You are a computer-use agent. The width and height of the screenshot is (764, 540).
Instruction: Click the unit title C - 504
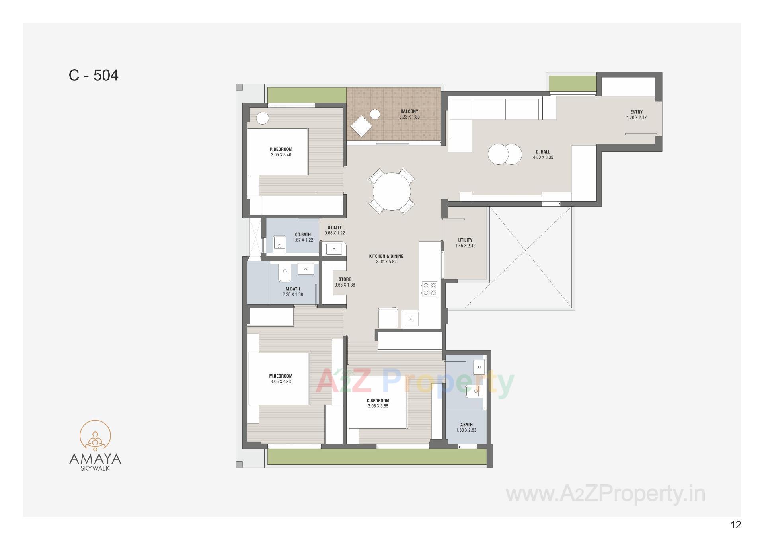point(94,75)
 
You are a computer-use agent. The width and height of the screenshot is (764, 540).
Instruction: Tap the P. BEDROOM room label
point(281,149)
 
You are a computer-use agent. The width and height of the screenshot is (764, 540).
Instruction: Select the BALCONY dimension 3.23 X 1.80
point(409,117)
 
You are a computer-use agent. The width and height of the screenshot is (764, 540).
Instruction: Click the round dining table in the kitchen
point(392,191)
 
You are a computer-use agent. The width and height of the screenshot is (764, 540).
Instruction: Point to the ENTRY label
point(636,112)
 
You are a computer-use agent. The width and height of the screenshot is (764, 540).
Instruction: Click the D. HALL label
point(543,152)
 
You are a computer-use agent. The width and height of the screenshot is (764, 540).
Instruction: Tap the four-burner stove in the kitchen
point(429,289)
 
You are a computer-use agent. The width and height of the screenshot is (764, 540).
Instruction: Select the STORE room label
point(345,279)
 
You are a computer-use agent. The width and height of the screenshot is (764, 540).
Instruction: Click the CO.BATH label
point(303,234)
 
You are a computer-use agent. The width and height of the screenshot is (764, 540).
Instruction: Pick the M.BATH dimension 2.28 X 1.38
point(293,294)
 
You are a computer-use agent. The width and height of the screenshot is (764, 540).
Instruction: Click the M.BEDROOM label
point(281,376)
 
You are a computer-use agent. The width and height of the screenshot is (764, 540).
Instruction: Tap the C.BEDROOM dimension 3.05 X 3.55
point(378,406)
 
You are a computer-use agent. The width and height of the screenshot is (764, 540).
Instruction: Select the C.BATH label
point(466,425)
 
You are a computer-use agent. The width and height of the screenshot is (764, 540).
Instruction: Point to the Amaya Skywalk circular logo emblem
point(95,436)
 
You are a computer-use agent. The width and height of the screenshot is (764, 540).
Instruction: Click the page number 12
point(736,525)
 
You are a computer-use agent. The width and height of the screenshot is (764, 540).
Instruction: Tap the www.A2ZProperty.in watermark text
point(605,494)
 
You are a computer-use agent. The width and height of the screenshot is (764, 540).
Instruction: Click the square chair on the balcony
point(361,126)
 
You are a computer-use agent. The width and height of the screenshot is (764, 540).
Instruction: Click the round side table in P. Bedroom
point(262,118)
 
